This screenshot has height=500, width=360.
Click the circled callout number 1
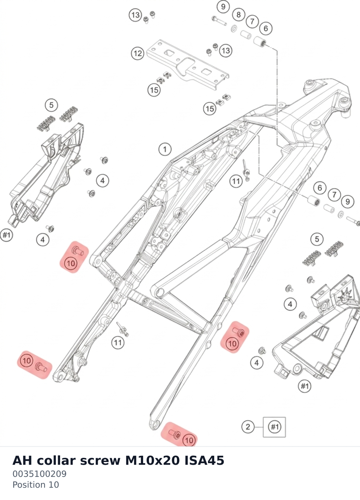[x=165, y=149]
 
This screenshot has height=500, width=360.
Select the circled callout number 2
[x=248, y=427]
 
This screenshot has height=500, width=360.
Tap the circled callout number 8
[x=239, y=15]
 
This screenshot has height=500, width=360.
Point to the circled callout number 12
[x=137, y=53]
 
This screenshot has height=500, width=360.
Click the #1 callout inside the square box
[x=274, y=427]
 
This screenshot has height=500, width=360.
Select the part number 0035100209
[x=39, y=474]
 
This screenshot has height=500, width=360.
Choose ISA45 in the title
[x=204, y=460]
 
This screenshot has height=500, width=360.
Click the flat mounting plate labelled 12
[x=188, y=65]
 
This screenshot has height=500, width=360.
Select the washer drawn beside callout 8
[x=234, y=29]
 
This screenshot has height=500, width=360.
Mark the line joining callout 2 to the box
[x=259, y=427]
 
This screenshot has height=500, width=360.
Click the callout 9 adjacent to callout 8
[x=223, y=7]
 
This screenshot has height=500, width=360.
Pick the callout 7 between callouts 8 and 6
[x=252, y=21]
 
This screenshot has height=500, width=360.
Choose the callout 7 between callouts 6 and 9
[x=334, y=195]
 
